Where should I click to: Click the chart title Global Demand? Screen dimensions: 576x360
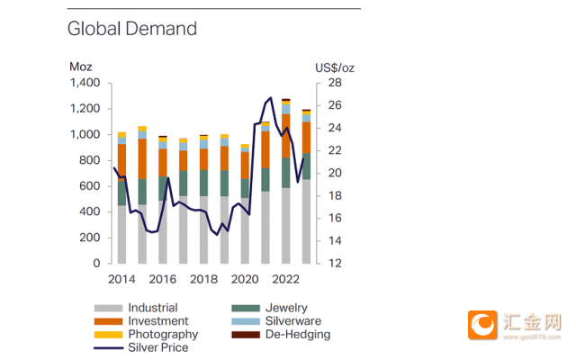point(132,29)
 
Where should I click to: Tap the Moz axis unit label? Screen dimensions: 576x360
point(81,67)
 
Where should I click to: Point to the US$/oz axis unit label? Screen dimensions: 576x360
point(335,68)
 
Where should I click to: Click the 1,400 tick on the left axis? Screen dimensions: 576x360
point(85,83)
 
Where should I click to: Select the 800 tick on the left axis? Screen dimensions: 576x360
point(90,160)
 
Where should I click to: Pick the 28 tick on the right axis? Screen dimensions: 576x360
point(335,83)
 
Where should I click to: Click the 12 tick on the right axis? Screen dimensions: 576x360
point(335,263)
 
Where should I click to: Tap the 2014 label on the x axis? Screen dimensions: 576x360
point(121,279)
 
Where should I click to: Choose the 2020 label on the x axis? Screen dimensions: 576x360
point(245,279)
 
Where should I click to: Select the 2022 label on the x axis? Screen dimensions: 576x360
point(286,279)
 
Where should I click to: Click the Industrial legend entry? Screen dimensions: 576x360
point(136,308)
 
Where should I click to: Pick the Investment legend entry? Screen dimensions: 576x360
point(141,321)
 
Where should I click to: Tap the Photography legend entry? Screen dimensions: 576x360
point(146,334)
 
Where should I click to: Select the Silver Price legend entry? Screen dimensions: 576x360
point(141,347)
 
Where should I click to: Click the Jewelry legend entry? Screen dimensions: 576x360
point(270,308)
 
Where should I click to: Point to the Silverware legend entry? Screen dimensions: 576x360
point(276,321)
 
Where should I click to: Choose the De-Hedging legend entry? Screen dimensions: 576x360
point(281,334)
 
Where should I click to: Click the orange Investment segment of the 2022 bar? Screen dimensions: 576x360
point(286,136)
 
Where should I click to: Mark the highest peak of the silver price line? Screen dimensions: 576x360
point(271,98)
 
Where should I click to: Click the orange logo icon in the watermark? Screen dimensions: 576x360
point(482,325)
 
